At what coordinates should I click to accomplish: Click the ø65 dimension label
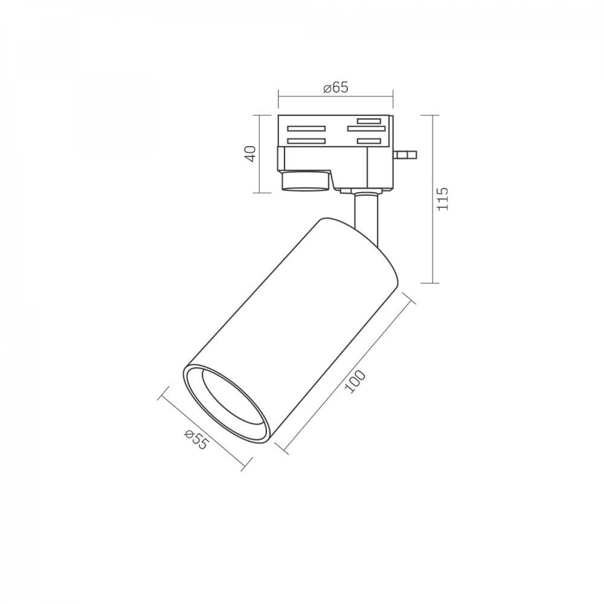335,88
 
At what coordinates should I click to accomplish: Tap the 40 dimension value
251,153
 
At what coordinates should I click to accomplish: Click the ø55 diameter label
196,440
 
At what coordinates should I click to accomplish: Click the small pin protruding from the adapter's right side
405,155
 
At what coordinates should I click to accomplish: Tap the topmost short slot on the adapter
369,121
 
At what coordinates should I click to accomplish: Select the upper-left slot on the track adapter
306,129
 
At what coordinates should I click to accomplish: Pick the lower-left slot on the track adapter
306,141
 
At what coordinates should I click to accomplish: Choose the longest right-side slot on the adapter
367,129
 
